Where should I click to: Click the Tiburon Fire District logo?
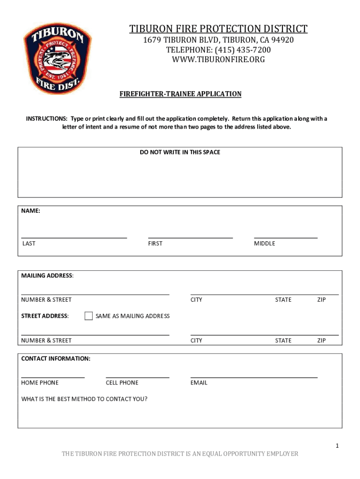58,58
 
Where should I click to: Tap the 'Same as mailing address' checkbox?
89,316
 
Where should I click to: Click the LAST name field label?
29,243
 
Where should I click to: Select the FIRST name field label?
155,243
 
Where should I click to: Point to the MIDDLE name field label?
265,243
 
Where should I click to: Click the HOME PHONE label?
40,383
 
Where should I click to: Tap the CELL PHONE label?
122,383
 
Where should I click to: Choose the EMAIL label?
199,383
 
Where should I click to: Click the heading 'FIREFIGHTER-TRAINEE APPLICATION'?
180,94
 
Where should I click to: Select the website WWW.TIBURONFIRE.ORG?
218,59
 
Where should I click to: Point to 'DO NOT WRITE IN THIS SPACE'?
180,152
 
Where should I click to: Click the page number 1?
337,446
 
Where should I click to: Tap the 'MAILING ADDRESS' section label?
47,276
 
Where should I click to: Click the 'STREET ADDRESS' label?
45,316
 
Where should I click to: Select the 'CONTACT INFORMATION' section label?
56,359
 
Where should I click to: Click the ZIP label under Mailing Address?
321,299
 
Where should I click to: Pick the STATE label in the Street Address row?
283,341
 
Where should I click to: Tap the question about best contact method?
84,399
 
